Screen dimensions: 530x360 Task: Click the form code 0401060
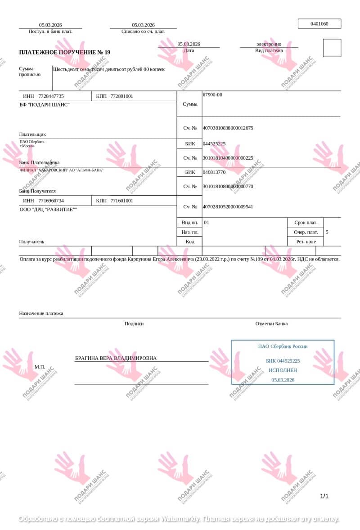coord(319,24)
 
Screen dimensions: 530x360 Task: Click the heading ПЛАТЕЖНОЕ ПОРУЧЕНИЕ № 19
coord(64,52)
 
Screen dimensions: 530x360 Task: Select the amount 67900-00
coord(212,95)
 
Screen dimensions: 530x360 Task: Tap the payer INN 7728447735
coord(51,96)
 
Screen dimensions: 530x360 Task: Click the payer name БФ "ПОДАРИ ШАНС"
coord(45,105)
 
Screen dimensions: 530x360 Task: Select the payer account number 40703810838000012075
coord(228,128)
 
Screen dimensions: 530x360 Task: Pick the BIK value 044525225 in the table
coord(214,144)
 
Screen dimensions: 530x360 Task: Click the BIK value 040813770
coord(214,172)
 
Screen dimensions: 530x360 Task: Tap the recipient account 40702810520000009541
coord(228,207)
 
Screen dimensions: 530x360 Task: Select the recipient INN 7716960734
coord(51,201)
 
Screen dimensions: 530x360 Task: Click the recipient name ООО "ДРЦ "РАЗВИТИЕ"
coord(48,209)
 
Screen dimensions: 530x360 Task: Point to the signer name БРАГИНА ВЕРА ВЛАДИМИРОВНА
coord(116,358)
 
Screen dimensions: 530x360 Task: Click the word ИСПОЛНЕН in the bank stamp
coord(283,370)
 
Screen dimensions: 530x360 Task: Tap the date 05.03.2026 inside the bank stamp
coord(283,380)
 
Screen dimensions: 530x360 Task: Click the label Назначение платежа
coord(41,313)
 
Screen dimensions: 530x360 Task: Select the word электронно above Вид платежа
coord(269,44)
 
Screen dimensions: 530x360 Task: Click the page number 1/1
coord(324,496)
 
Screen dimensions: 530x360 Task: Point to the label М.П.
coord(40,367)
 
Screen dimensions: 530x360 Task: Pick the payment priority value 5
coord(327,233)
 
